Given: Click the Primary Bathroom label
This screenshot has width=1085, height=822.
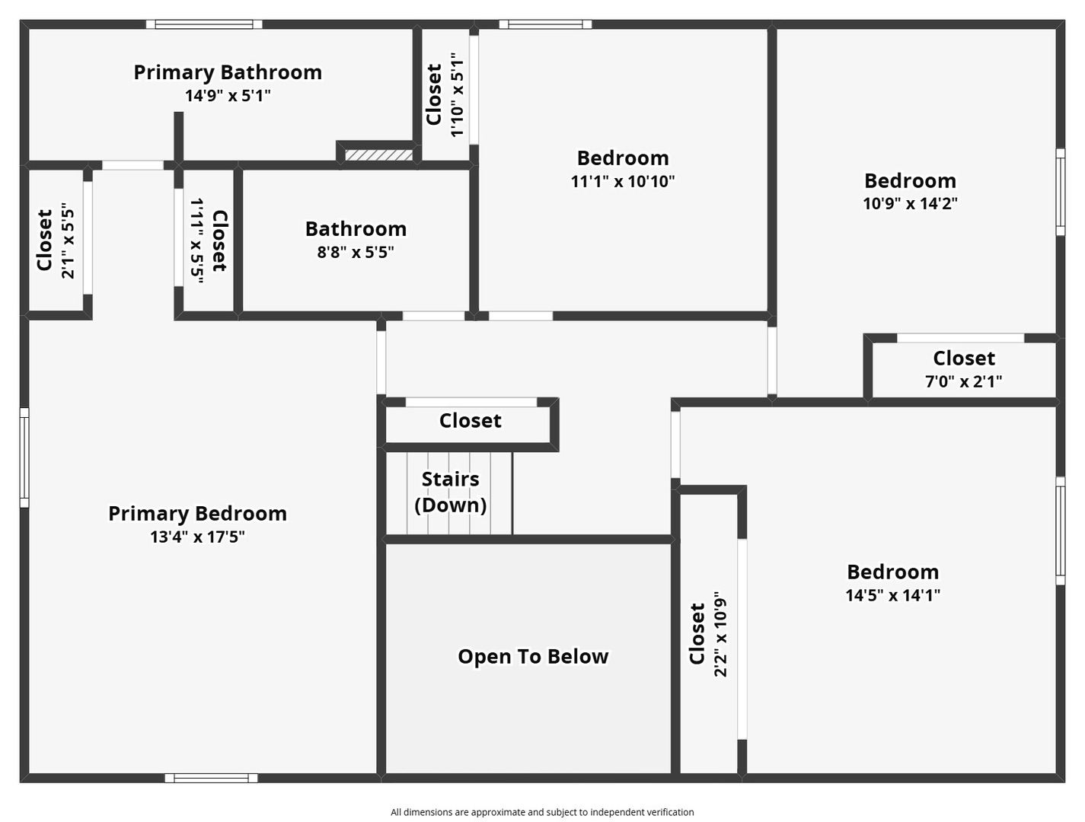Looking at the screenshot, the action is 228,72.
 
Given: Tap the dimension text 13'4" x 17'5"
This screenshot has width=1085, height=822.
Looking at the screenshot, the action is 198,537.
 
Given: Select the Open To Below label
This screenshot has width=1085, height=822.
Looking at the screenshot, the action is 533,657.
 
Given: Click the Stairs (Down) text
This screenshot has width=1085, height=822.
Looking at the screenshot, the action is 450,492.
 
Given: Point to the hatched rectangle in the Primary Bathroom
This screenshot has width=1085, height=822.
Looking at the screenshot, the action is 378,155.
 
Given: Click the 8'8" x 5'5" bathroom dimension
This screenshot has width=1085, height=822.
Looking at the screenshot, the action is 356,253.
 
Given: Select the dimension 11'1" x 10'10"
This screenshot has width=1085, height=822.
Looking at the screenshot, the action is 623,181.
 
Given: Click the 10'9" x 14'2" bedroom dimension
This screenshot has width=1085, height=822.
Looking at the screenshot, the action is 910,203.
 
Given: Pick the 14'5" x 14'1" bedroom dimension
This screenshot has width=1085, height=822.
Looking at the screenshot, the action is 892,595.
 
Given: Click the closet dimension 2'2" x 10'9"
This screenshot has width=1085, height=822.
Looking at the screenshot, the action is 720,634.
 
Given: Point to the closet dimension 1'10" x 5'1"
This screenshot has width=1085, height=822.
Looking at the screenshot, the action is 458,94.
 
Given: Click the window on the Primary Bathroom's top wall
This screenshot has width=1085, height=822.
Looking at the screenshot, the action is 203,24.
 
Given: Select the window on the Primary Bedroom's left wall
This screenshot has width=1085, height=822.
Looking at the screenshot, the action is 24,457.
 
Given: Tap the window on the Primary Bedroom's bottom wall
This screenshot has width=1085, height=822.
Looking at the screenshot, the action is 211,779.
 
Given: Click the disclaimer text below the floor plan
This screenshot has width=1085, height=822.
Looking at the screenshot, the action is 542,812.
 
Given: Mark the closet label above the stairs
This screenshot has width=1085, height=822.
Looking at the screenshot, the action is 470,421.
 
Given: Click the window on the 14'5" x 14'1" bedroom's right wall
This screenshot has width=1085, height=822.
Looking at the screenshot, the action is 1061,530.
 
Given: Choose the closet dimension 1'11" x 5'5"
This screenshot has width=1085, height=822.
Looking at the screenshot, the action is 196,241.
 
